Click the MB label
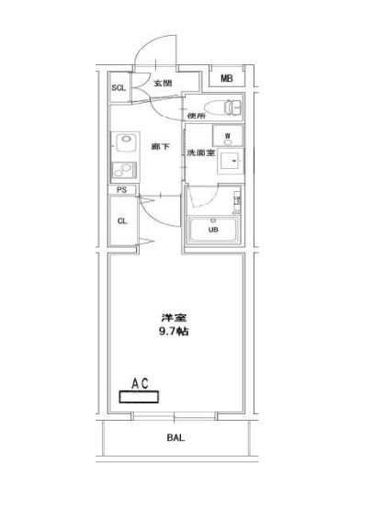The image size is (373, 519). [227, 78]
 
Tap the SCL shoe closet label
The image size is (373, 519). [119, 87]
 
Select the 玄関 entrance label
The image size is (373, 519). [163, 83]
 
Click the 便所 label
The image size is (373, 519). [196, 116]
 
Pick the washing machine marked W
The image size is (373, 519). [228, 136]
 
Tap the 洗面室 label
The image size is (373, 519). [200, 152]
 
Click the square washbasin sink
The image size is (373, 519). [230, 161]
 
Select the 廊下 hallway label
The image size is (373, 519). [161, 146]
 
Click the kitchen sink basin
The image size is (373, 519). [124, 142]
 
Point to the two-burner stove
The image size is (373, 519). [124, 170]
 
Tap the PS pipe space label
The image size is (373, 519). [122, 190]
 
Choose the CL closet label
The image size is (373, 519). [122, 220]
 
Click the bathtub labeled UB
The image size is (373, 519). [213, 230]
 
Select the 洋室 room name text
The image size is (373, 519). [174, 318]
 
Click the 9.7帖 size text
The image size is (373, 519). [174, 332]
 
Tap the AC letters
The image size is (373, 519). [140, 383]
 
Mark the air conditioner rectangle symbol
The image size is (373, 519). [139, 397]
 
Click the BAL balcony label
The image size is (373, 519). [175, 437]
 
